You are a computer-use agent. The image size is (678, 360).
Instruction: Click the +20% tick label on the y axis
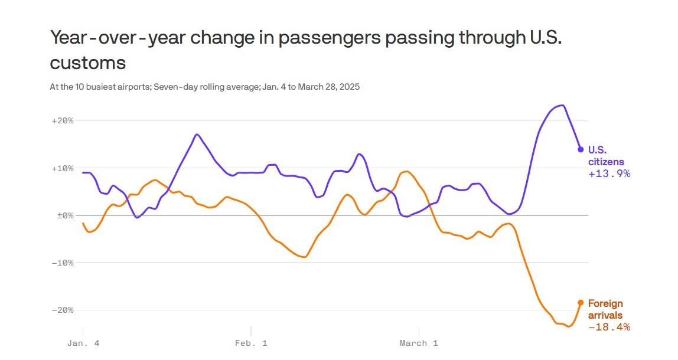(63, 121)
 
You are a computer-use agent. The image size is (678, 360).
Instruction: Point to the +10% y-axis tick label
(63, 168)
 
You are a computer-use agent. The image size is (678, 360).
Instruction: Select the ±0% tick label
(64, 215)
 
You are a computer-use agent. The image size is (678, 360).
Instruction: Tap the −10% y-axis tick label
(63, 263)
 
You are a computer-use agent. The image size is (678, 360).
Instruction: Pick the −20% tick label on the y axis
(63, 310)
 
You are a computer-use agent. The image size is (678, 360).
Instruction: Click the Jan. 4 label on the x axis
(82, 343)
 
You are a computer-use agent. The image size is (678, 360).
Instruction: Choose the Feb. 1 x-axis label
(250, 343)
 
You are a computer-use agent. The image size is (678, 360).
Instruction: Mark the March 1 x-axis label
(419, 343)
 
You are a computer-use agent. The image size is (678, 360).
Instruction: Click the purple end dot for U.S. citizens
(581, 149)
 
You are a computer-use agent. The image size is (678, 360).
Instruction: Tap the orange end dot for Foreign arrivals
(581, 303)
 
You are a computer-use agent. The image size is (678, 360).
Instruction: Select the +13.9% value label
(609, 174)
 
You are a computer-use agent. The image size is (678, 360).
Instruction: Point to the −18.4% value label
(609, 327)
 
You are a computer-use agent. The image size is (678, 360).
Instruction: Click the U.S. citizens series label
(606, 156)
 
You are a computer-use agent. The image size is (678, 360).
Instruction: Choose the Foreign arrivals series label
(605, 309)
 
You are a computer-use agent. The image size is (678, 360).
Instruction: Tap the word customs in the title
(87, 63)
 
